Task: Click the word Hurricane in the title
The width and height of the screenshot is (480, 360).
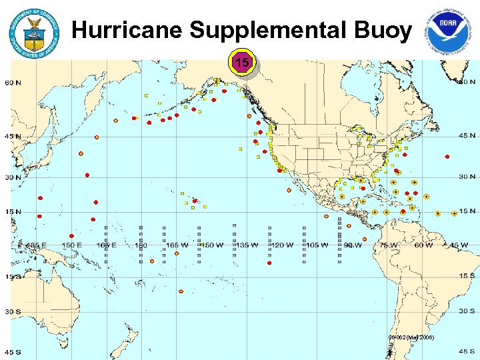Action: (x=126, y=31)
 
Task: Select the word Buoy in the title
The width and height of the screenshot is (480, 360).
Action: (x=386, y=31)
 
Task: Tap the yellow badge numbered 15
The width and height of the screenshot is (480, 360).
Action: (x=243, y=63)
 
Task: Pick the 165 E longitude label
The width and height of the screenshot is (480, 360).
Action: (x=106, y=245)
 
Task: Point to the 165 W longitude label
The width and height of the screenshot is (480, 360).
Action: (x=177, y=245)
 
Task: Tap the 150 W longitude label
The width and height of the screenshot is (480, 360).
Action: (x=212, y=245)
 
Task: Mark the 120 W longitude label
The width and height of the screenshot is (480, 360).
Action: (x=282, y=245)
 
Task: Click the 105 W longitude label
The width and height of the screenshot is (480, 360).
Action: (x=317, y=245)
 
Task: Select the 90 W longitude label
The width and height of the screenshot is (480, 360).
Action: (x=353, y=245)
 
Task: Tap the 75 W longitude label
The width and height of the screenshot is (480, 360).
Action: (x=388, y=245)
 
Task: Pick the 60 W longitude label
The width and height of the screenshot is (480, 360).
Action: (x=423, y=245)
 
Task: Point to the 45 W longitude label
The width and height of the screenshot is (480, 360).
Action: (x=458, y=245)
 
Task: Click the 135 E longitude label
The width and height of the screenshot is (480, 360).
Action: (x=36, y=245)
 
